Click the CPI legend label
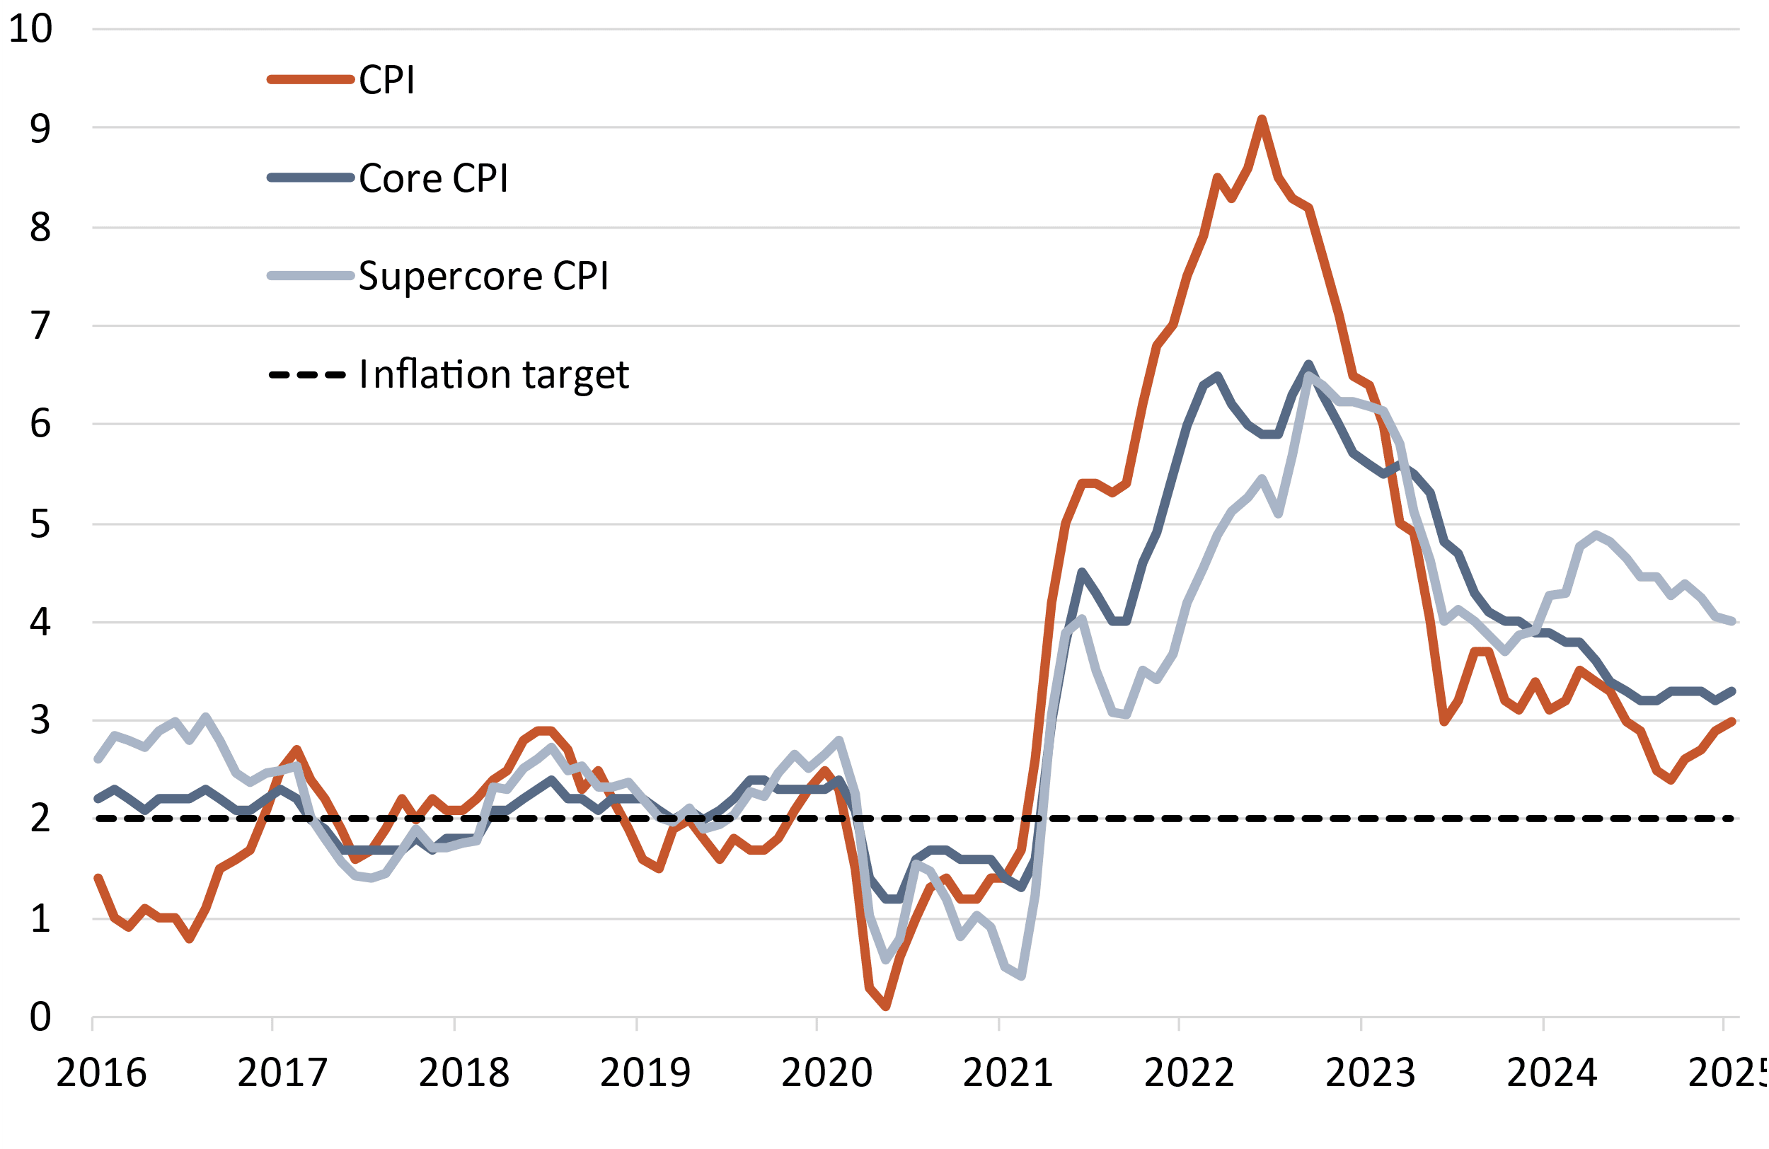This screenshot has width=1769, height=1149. point(386,80)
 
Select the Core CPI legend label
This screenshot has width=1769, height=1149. point(433,178)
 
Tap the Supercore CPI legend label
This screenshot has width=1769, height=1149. point(483,277)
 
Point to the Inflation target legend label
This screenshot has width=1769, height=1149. point(493,374)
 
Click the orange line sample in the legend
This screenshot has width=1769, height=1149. point(311,79)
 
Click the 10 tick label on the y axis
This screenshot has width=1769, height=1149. point(30,29)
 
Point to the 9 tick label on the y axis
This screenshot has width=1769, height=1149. point(40,128)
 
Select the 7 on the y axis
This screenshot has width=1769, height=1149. point(40,325)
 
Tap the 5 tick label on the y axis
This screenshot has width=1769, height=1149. point(40,524)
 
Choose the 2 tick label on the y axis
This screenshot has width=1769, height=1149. point(40,819)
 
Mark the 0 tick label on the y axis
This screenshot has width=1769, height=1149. point(40,1016)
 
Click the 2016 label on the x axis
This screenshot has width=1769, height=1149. point(101,1073)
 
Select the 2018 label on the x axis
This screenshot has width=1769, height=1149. point(463,1073)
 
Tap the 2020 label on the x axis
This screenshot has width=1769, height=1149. point(826,1073)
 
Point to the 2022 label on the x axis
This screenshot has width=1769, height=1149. point(1189,1073)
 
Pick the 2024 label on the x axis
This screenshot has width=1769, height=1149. point(1552,1073)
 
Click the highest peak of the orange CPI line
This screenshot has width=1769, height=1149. point(1262,119)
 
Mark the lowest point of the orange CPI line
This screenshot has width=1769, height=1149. point(886,1007)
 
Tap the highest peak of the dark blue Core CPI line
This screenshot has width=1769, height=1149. point(1308,364)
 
